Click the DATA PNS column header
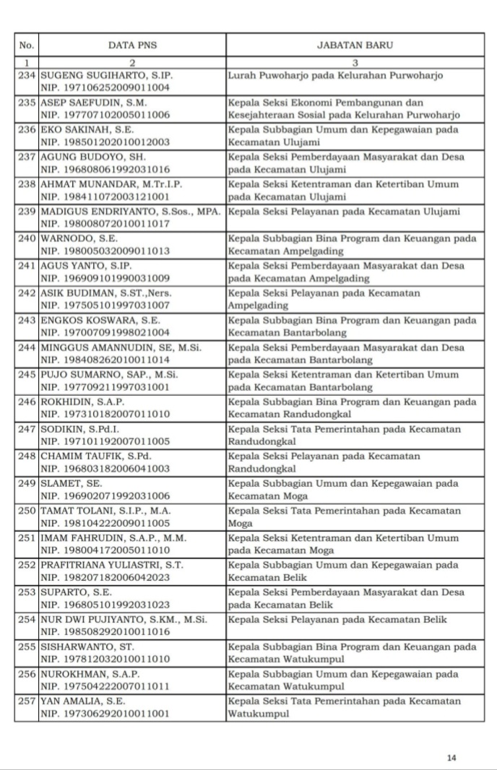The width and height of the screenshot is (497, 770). [x=132, y=45]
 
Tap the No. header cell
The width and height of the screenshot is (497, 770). [x=27, y=45]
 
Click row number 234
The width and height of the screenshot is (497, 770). [x=27, y=75]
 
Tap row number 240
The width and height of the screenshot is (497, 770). [x=27, y=238]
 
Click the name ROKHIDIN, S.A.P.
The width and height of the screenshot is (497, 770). [x=82, y=402]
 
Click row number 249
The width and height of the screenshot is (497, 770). [x=27, y=483]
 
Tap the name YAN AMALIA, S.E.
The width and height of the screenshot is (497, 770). [x=82, y=701]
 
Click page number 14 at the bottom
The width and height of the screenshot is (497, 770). [x=451, y=758]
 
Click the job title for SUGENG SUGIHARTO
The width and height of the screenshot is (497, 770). [x=334, y=75]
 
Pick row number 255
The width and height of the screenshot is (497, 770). [x=27, y=646]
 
